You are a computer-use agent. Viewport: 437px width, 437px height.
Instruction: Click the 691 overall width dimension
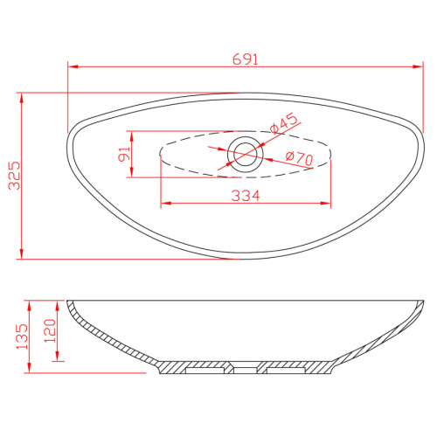click(246, 59)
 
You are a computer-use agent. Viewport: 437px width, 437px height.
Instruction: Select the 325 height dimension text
click(14, 176)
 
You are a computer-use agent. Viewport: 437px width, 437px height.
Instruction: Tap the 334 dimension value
click(246, 196)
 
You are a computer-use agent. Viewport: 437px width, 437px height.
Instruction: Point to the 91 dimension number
click(124, 154)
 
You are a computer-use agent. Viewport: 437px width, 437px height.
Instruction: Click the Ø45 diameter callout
click(284, 123)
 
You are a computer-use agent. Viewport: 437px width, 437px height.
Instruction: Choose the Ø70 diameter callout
click(299, 158)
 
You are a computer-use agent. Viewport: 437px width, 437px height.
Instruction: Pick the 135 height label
click(22, 336)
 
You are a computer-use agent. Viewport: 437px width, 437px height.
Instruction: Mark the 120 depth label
click(50, 330)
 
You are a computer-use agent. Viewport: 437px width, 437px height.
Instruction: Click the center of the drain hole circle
click(246, 154)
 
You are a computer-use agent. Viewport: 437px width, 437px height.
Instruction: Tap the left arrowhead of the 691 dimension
click(73, 66)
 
